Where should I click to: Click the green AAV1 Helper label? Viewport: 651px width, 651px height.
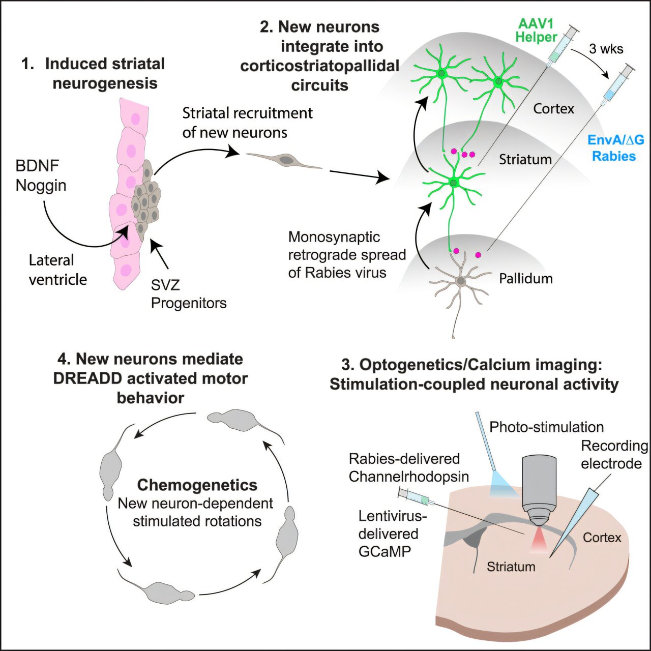tap(536, 31)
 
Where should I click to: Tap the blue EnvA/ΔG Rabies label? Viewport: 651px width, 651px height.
tap(615, 147)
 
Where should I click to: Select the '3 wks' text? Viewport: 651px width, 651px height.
tap(606, 49)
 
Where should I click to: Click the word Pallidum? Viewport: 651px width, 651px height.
tap(525, 279)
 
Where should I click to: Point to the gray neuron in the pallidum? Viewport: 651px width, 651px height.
tap(460, 281)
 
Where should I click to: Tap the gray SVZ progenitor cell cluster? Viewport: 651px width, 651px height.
tap(145, 198)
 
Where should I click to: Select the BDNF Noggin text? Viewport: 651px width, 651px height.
tap(41, 175)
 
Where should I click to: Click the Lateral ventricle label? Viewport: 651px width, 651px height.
tap(57, 270)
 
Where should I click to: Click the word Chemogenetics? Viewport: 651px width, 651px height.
tap(197, 485)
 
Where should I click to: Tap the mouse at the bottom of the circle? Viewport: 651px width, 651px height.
tap(163, 591)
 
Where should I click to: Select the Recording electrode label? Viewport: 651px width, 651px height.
tap(614, 455)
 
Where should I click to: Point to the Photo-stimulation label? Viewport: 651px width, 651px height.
tap(546, 427)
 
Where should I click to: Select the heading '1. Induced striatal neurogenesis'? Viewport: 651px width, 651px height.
tap(99, 73)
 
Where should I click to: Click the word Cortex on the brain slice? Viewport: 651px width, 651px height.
tap(602, 538)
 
